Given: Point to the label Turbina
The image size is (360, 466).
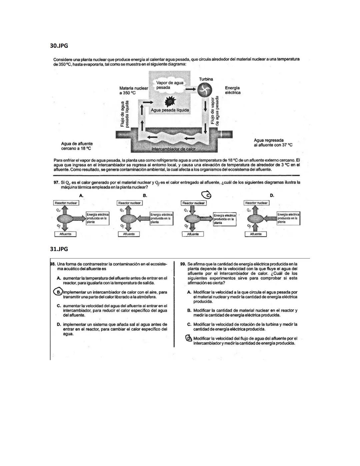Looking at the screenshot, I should click(206, 79).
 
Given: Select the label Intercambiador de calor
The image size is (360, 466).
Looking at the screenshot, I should click(173, 149).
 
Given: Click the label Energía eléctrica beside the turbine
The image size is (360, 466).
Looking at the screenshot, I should click(232, 90).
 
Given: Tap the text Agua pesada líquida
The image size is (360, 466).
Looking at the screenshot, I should click(170, 110).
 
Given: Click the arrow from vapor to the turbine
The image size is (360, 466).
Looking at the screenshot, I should click(190, 89).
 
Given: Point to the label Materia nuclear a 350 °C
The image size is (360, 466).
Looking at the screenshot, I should click(133, 90).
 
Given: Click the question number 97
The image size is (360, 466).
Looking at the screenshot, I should click(56, 182).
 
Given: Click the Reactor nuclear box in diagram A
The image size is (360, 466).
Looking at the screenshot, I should click(66, 203).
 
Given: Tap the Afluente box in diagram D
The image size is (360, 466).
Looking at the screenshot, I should click(256, 234).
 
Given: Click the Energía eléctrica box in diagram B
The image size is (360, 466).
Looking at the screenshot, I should click(162, 218).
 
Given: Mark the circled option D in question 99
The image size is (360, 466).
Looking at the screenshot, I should click(189, 338).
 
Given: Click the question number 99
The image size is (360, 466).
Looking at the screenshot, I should click(183, 264).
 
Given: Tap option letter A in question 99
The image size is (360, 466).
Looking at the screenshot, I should click(189, 292).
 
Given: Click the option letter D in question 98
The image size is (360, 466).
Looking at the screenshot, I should click(59, 324).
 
